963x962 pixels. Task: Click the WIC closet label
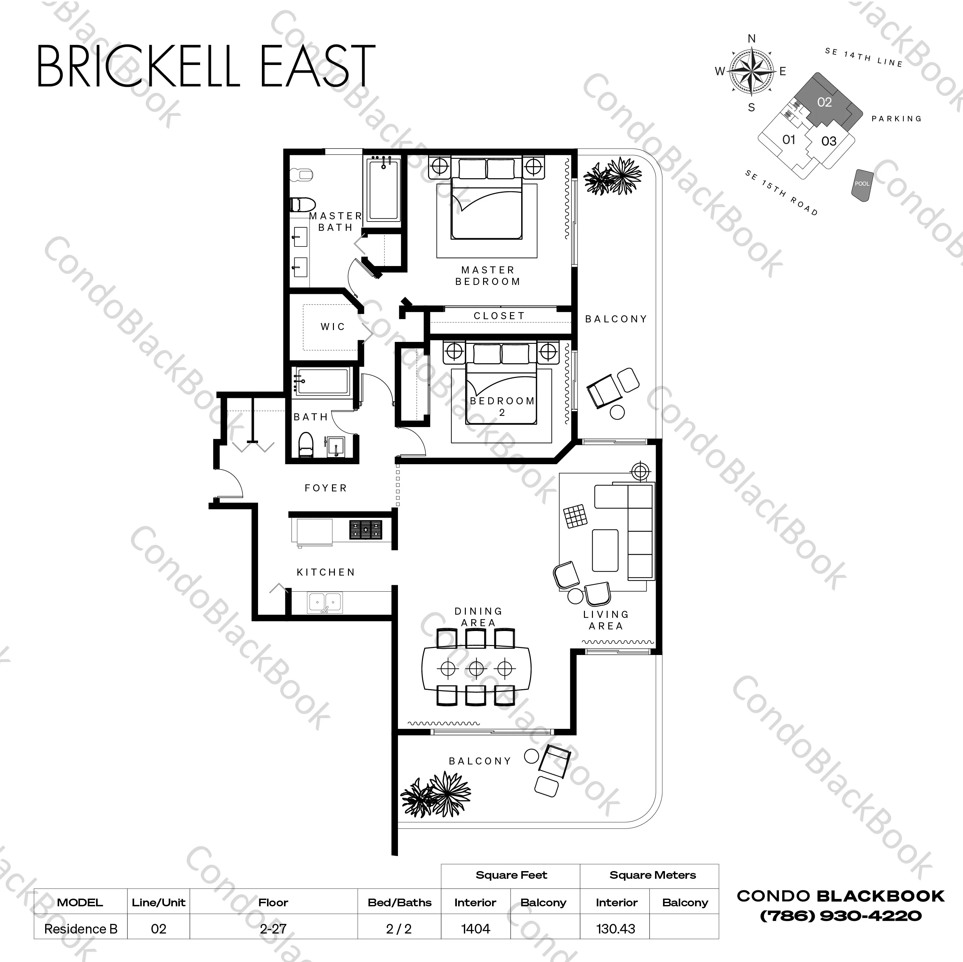(x=332, y=327)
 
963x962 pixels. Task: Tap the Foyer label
(x=326, y=488)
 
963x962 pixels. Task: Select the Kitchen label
(x=326, y=572)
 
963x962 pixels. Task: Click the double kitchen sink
(x=325, y=602)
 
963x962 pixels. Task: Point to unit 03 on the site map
(x=829, y=141)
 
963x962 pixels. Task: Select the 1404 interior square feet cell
(x=475, y=929)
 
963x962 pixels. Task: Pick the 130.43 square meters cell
(x=616, y=929)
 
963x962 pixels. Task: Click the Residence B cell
(x=81, y=929)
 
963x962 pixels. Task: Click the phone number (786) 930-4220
(x=840, y=915)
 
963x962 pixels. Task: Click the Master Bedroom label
(x=488, y=276)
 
